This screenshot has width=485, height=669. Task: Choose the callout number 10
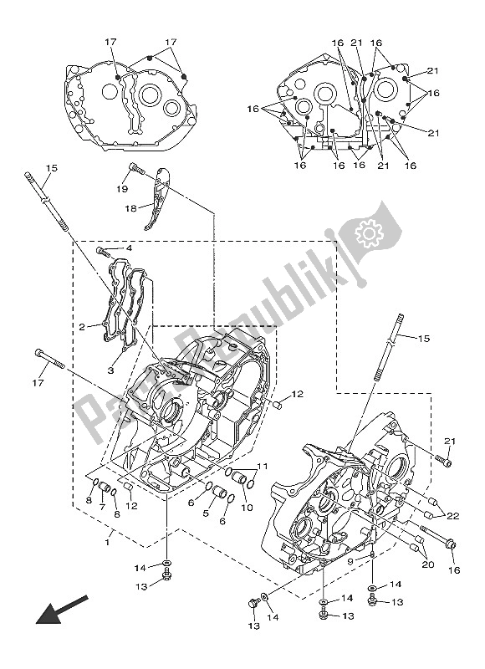point(247,507)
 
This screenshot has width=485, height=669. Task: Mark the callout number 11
point(261,467)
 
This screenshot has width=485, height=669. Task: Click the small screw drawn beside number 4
point(104,250)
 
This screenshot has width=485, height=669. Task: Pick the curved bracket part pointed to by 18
point(156,201)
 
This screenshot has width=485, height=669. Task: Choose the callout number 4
point(129,248)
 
